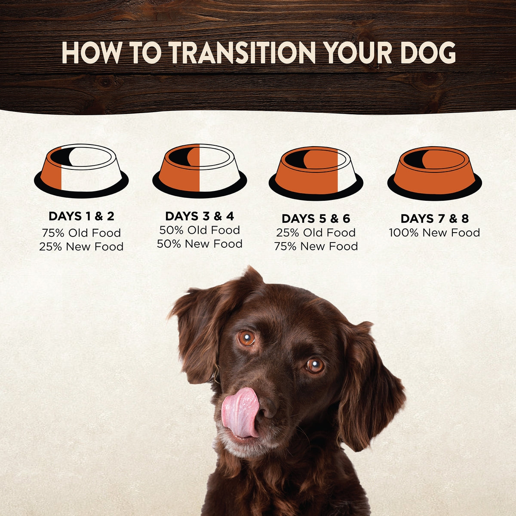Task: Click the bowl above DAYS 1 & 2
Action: click(81, 172)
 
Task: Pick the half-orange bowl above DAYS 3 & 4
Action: click(200, 172)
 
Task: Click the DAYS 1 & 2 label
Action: click(81, 216)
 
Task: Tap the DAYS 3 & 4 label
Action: click(200, 216)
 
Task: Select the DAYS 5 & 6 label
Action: click(316, 219)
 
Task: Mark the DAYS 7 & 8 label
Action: click(435, 219)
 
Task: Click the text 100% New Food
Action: click(435, 233)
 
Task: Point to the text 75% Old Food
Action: click(81, 233)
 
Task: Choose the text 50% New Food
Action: click(200, 244)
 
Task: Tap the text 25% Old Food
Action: click(316, 233)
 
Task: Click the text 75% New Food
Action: click(316, 246)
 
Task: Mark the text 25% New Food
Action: click(81, 247)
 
